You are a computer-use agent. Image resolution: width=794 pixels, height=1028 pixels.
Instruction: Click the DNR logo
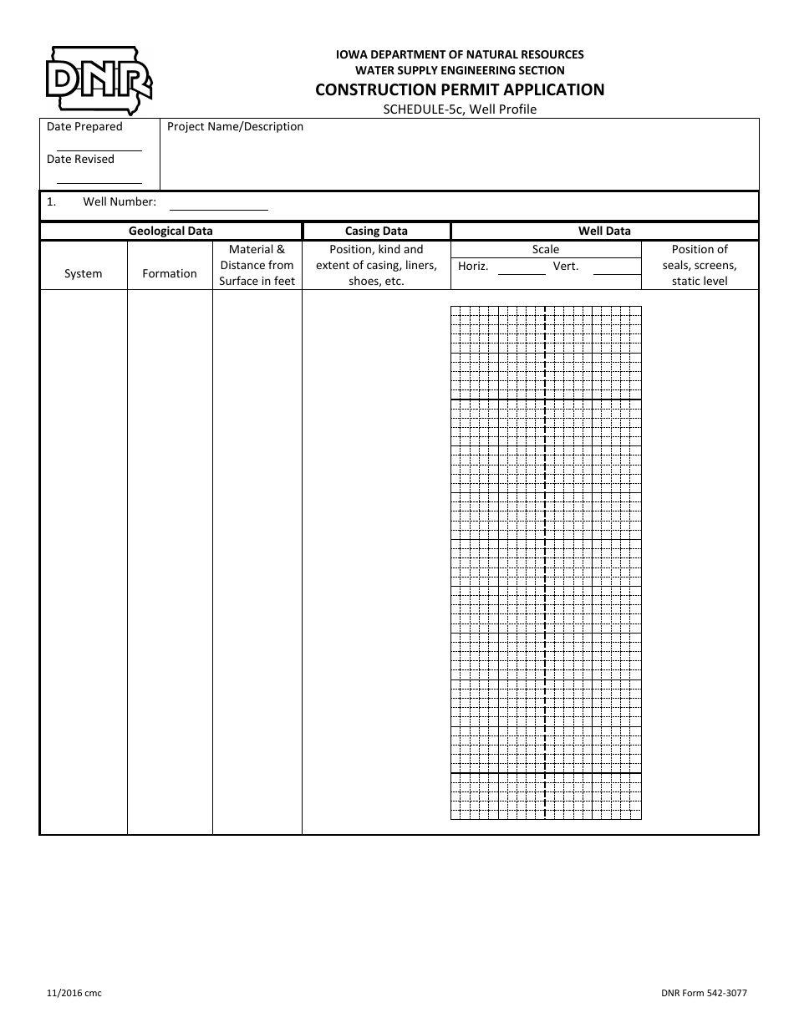(x=99, y=79)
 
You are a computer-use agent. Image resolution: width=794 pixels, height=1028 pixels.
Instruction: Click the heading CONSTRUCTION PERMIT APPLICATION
(x=460, y=90)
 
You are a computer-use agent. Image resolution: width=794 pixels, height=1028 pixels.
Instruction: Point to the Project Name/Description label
(x=235, y=127)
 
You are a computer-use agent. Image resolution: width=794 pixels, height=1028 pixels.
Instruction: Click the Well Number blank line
(x=218, y=208)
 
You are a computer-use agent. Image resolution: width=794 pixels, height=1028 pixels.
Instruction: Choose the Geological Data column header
(x=171, y=232)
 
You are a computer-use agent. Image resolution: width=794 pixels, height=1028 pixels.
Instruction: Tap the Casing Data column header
(x=376, y=232)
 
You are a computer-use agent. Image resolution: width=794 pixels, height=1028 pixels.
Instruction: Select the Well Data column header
(x=604, y=232)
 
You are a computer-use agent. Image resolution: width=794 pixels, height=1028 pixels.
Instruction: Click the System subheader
(x=84, y=273)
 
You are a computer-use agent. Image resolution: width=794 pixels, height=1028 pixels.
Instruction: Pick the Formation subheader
(x=170, y=273)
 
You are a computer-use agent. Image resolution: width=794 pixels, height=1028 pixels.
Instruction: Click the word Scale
(x=546, y=250)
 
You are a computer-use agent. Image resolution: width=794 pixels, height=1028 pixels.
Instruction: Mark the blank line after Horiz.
(x=522, y=273)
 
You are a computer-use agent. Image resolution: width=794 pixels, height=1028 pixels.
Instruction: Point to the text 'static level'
(x=700, y=282)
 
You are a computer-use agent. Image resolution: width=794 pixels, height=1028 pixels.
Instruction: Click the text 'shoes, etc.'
(x=376, y=282)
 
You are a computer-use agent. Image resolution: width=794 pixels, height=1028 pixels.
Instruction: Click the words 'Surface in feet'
(x=257, y=282)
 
